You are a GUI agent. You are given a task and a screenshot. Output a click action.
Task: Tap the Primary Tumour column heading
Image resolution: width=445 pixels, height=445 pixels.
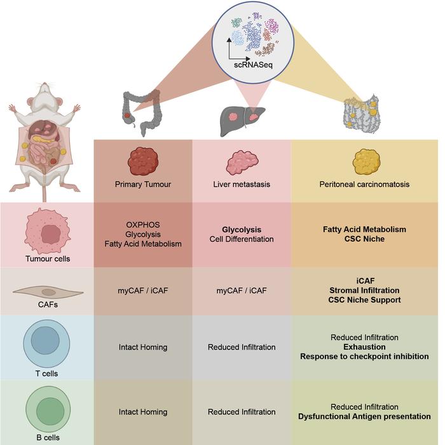click(143, 185)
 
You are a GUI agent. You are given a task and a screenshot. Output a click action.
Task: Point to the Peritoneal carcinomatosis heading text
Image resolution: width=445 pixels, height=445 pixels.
click(364, 185)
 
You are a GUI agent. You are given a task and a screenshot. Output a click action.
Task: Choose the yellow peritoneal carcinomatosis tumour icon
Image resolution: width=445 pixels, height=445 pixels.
click(364, 161)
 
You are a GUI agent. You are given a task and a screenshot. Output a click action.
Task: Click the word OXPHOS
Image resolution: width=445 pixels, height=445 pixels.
click(143, 224)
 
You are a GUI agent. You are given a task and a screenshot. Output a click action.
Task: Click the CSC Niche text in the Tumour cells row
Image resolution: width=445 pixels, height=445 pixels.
click(364, 239)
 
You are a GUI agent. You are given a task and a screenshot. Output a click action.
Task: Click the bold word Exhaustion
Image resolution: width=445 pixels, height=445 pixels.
click(364, 347)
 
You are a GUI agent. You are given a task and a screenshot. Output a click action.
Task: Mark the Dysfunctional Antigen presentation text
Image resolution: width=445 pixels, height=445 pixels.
click(364, 416)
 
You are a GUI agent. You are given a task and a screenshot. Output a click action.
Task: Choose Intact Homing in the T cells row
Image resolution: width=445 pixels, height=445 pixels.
click(143, 347)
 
